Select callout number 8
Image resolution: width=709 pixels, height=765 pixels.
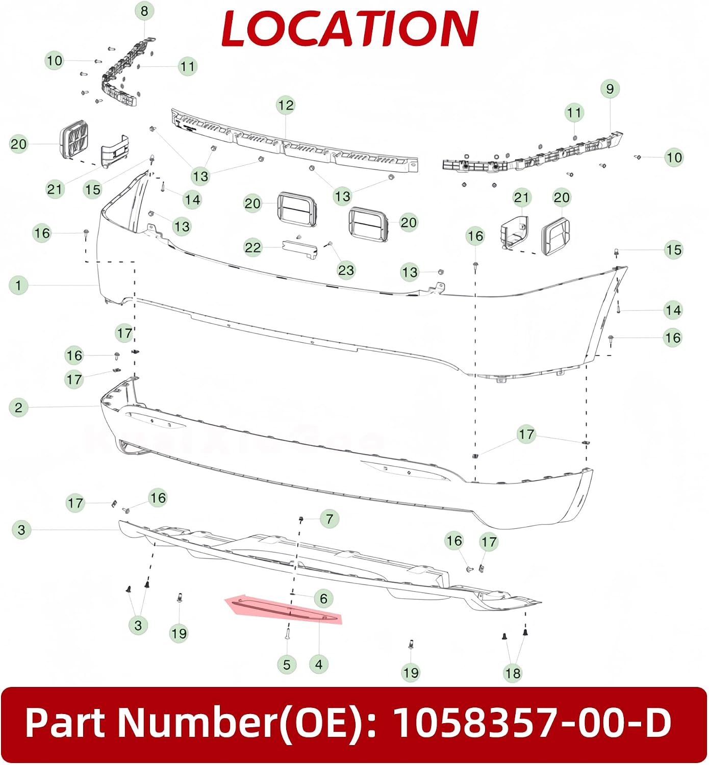[144, 11]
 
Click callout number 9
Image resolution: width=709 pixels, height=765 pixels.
[610, 89]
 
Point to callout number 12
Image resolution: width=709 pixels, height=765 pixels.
[286, 105]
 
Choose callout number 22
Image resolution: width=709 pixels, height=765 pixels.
[252, 247]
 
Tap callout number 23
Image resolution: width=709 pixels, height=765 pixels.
[346, 270]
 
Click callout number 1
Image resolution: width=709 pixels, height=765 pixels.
[18, 286]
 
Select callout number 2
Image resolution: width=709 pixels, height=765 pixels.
[18, 407]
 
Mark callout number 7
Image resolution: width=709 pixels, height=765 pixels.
[330, 519]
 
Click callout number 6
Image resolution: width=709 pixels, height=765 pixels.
[323, 598]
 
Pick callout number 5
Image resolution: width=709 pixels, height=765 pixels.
[287, 665]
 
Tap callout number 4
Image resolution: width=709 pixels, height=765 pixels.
[319, 665]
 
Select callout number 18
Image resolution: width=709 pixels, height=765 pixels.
[513, 673]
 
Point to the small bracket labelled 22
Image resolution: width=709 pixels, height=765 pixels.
[300, 249]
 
